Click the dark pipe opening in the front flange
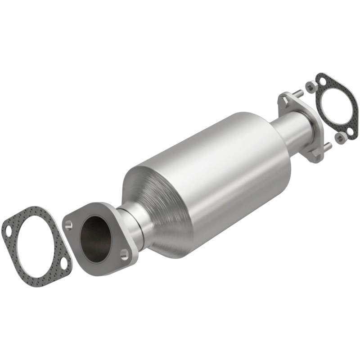[95, 239]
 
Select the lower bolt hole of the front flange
[124, 254]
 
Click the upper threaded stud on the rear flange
[298, 94]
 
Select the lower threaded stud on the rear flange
[328, 146]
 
